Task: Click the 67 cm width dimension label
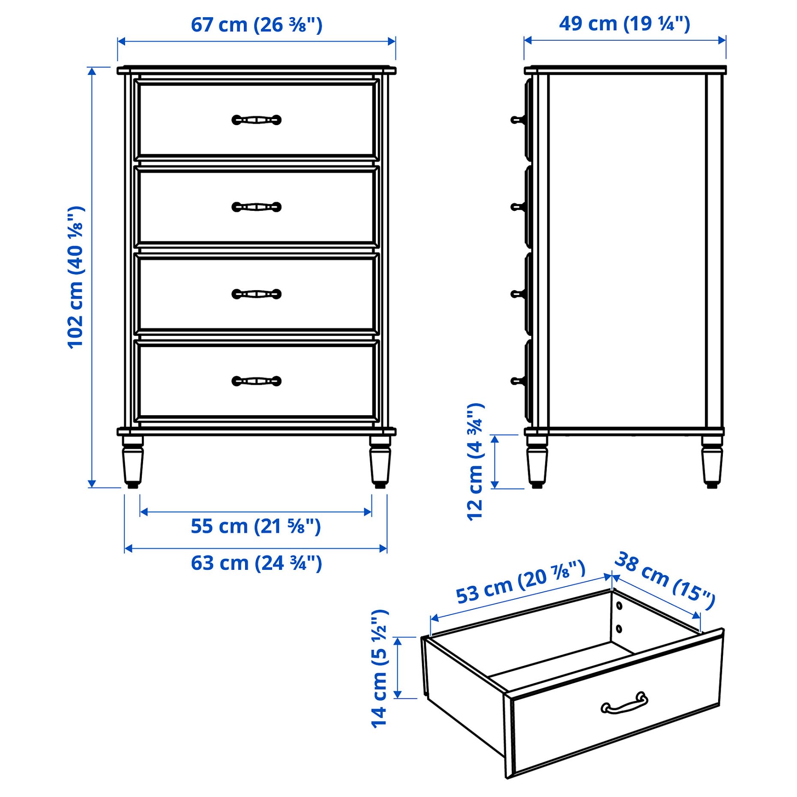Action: pyautogui.click(x=256, y=25)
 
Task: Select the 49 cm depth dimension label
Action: pyautogui.click(x=624, y=24)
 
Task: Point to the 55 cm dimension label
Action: pyautogui.click(x=256, y=526)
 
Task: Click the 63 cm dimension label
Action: pyautogui.click(x=256, y=563)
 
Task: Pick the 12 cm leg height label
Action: pyautogui.click(x=476, y=462)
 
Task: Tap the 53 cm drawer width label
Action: pyautogui.click(x=520, y=582)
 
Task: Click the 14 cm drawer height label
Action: pyautogui.click(x=380, y=668)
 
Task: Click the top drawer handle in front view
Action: pyautogui.click(x=256, y=120)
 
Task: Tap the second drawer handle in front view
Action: pyautogui.click(x=256, y=207)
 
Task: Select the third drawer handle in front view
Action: pyautogui.click(x=256, y=294)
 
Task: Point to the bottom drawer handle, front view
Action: pyautogui.click(x=256, y=381)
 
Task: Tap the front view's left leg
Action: pyautogui.click(x=132, y=462)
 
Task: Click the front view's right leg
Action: pyautogui.click(x=380, y=462)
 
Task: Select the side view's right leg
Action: pyautogui.click(x=712, y=462)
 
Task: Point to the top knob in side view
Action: pyautogui.click(x=517, y=120)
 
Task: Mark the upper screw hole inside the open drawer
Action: pyautogui.click(x=619, y=605)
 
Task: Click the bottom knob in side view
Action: pyautogui.click(x=517, y=381)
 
